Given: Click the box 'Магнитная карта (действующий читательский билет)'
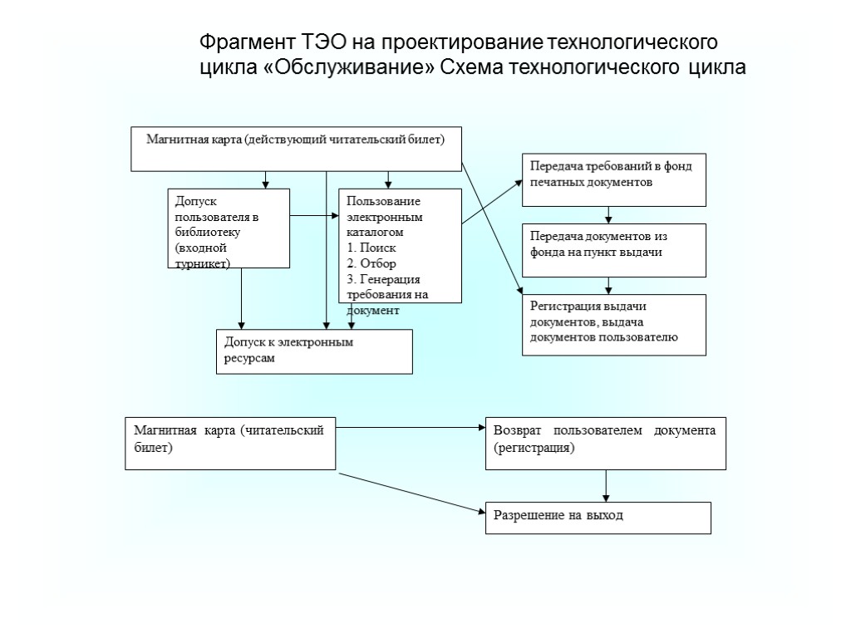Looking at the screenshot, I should click(x=296, y=150).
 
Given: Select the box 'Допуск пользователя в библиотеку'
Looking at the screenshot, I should click(x=229, y=228).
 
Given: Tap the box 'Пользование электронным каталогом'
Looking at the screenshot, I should click(x=400, y=246).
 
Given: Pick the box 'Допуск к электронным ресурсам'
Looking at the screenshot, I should click(x=314, y=351).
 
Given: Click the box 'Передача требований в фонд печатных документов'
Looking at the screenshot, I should click(x=613, y=179).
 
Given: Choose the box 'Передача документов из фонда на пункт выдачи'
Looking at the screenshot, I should click(x=613, y=250).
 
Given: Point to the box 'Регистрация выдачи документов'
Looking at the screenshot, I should click(x=613, y=324).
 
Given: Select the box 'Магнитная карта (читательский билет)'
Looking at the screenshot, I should click(x=230, y=443).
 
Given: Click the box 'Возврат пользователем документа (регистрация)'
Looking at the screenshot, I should click(x=605, y=443).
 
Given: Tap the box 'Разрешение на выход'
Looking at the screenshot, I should click(x=598, y=518).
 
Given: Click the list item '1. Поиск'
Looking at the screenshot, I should click(x=371, y=248).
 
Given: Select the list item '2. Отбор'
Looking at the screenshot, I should click(x=371, y=263).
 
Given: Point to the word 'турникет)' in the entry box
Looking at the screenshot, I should click(x=203, y=263).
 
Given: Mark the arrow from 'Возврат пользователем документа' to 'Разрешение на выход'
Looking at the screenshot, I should click(x=605, y=485).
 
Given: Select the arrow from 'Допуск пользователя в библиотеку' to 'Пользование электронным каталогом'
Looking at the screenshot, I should click(x=314, y=217).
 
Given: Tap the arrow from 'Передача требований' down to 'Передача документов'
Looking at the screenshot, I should click(x=609, y=215).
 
